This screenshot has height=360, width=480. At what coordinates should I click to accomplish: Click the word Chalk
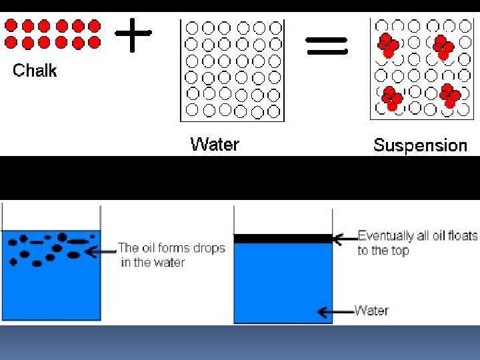coord(35,71)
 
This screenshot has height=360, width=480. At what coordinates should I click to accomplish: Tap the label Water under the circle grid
coord(214,144)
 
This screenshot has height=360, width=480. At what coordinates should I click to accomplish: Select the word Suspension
coord(420,145)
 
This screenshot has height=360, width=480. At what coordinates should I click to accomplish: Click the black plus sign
coord(133,34)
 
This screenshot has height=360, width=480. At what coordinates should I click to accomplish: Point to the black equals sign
coord(327,45)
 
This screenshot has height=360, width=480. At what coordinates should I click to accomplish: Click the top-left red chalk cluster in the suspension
coord(388,46)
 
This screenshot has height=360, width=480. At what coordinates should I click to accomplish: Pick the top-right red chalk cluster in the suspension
coord(443,47)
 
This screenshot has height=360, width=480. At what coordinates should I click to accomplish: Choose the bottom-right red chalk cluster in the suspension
coord(450,96)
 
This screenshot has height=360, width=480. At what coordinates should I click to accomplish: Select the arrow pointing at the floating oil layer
coord(345,238)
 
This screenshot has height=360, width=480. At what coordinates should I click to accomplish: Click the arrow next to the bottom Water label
coord(335,311)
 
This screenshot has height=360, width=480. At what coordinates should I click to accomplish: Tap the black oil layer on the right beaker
coord(283,238)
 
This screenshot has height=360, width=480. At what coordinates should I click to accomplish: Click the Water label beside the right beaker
coord(371,310)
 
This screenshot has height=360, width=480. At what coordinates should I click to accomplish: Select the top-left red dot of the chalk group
coord(11,26)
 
